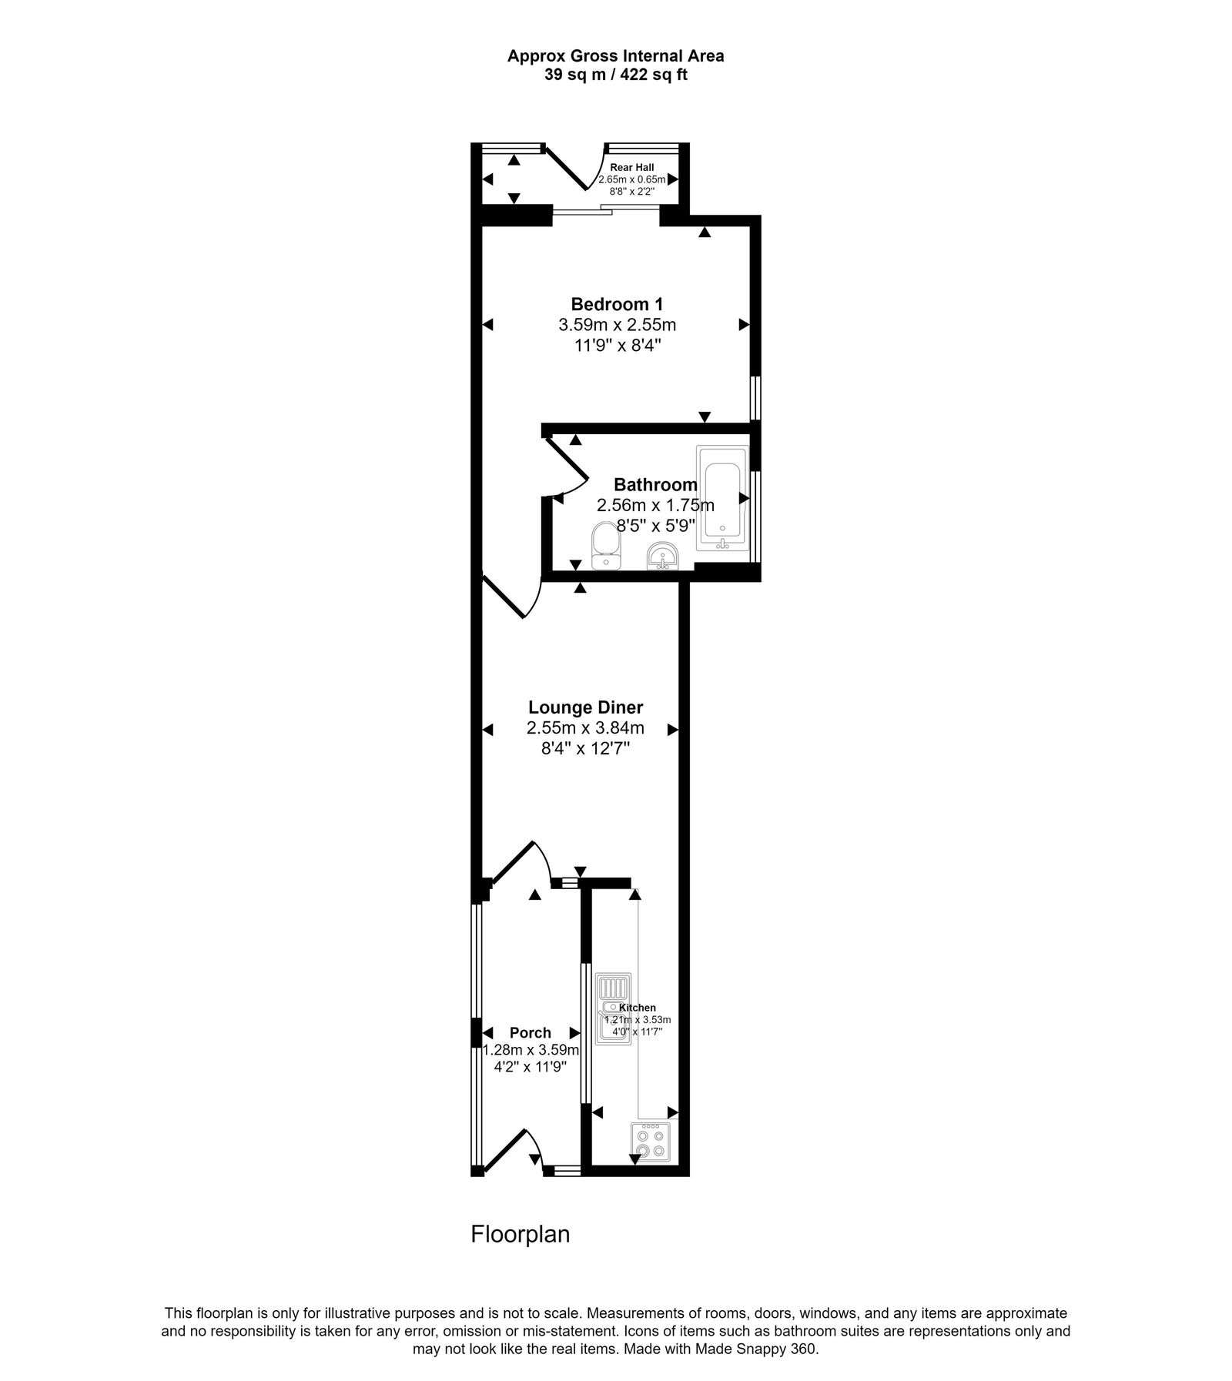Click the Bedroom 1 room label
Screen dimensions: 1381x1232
pyautogui.click(x=617, y=303)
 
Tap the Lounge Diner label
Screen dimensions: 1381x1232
pyautogui.click(x=585, y=707)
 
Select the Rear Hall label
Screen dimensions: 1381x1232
pyautogui.click(x=631, y=167)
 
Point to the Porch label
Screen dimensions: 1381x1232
pyautogui.click(x=530, y=1033)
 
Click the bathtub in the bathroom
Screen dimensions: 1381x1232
pyautogui.click(x=722, y=497)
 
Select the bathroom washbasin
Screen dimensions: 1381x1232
pyautogui.click(x=661, y=557)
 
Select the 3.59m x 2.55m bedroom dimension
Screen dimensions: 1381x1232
pyautogui.click(x=617, y=325)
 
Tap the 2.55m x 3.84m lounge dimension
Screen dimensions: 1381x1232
pyautogui.click(x=585, y=728)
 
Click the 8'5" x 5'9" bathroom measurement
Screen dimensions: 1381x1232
pyautogui.click(x=655, y=525)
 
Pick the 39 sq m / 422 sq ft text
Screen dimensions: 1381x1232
pyautogui.click(x=615, y=75)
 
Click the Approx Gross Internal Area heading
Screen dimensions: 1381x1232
pyautogui.click(x=615, y=55)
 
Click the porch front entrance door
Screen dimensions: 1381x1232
pyautogui.click(x=508, y=1150)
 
